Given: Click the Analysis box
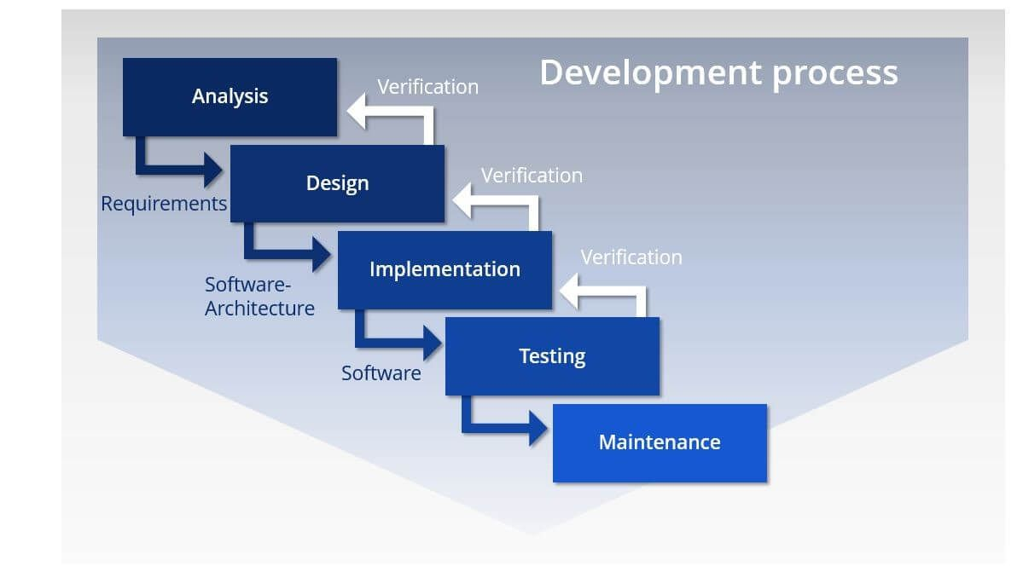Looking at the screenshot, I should click(x=230, y=96).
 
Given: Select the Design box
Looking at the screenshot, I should click(x=337, y=183).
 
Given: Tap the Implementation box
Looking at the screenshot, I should click(x=445, y=269).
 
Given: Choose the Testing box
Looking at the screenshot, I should click(x=552, y=356).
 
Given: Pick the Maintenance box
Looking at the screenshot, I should click(x=660, y=442).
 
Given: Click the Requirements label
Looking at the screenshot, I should click(x=164, y=205).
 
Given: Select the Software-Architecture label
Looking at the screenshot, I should click(x=259, y=296).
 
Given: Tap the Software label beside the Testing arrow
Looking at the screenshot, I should click(x=381, y=373).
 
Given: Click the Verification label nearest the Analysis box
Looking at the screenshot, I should click(x=427, y=87).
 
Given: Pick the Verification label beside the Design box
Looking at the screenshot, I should click(x=532, y=176).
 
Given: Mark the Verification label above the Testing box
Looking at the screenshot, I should click(x=631, y=257).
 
